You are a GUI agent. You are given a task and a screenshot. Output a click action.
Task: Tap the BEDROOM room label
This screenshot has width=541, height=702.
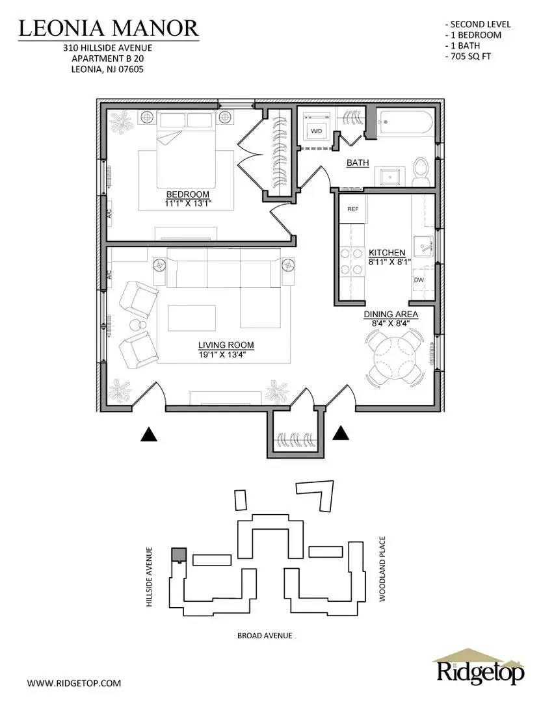coord(187,194)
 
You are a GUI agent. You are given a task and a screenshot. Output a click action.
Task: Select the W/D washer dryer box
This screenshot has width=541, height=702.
coord(317,131)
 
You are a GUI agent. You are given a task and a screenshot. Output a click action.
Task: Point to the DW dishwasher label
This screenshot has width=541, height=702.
coord(418,280)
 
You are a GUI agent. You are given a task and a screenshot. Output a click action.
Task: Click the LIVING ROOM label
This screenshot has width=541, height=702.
coord(226,345)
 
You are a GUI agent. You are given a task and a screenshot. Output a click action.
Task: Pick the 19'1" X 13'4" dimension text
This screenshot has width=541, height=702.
coord(226,355)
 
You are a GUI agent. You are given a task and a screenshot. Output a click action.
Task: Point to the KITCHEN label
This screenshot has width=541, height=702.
coord(387,252)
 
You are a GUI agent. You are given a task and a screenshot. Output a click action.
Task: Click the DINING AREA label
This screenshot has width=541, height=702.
coord(390,315)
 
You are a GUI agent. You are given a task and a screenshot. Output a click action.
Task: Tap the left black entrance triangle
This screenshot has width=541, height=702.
coord(150,435)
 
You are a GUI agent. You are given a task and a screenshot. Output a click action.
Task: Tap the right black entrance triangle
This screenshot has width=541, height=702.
coord(341,433)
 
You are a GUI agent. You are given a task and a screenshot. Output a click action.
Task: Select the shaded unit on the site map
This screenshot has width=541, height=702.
coord(178,554)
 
